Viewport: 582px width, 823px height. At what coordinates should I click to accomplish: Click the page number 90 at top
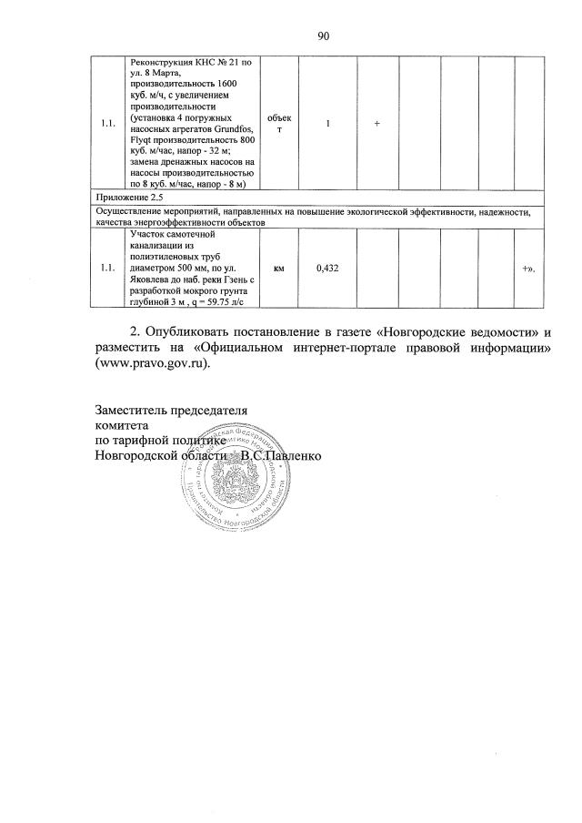tap(322, 36)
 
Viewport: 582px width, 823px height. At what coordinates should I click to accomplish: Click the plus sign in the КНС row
tap(376, 124)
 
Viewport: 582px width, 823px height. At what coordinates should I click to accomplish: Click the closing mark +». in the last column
tap(528, 269)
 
